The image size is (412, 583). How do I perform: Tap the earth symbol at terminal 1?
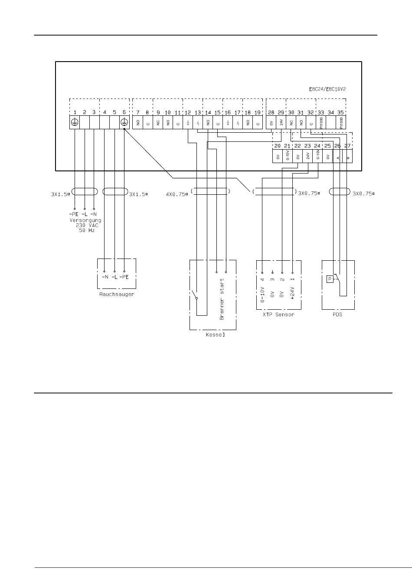75,122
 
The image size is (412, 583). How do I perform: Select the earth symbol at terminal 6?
124,122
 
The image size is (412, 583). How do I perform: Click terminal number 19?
258,112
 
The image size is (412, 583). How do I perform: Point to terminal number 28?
271,112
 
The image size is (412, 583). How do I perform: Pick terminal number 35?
341,112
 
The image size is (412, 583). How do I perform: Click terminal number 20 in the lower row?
278,146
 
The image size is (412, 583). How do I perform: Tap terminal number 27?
347,146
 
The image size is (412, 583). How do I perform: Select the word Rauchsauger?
116,295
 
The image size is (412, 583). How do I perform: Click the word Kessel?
213,335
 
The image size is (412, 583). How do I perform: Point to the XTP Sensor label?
278,314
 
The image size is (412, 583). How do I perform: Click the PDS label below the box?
337,314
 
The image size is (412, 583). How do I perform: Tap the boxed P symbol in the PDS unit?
330,279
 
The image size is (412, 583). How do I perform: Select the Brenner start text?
222,299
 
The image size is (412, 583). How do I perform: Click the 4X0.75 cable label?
176,194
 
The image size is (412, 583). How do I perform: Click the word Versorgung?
85,220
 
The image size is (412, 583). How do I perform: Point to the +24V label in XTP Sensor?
292,295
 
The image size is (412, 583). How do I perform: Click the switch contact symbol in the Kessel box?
194,295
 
